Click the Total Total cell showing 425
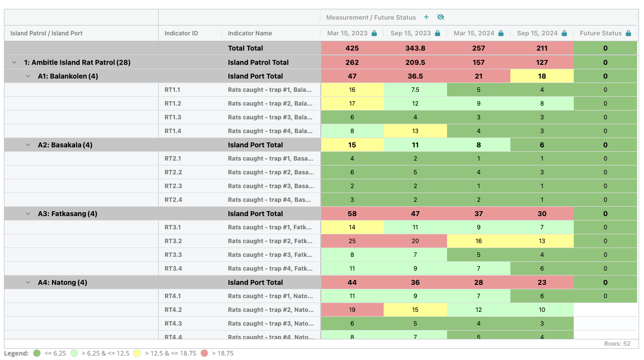pos(352,48)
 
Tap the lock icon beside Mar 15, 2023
pos(374,33)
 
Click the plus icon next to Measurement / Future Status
pos(426,17)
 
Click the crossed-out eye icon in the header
pos(441,17)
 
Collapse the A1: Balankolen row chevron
pos(28,76)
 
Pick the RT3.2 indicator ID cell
pos(173,241)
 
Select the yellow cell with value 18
pos(541,76)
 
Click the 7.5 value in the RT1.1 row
pos(415,90)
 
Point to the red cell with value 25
pos(352,241)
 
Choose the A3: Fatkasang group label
pos(67,214)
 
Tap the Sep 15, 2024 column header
pos(537,33)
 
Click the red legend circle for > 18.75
pos(204,353)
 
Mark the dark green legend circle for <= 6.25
pos(36,353)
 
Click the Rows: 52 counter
pos(617,344)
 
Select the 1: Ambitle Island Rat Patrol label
pos(77,62)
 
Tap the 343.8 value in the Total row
pos(415,48)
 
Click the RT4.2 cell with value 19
pos(352,310)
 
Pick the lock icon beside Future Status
pos(628,33)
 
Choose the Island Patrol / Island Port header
pos(46,33)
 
